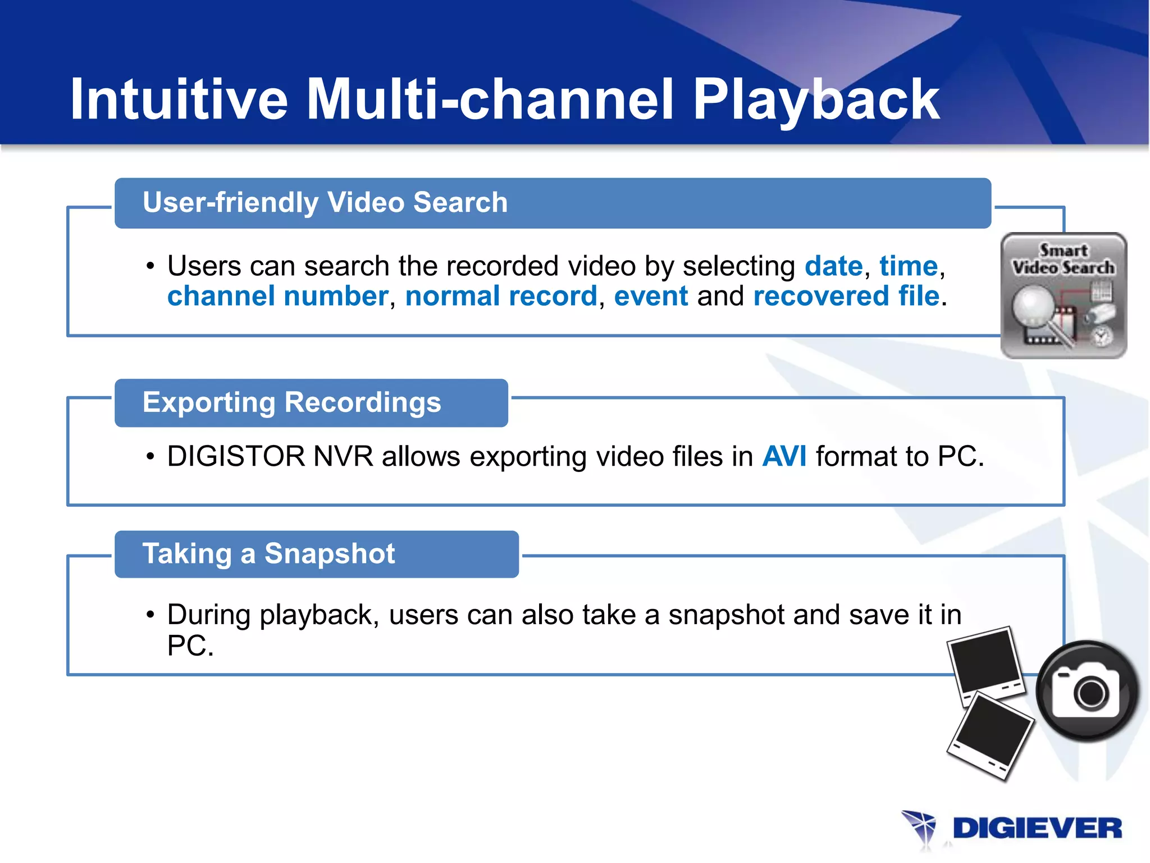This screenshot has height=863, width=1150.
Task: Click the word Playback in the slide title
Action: [x=815, y=100]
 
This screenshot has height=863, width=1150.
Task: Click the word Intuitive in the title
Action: [x=179, y=100]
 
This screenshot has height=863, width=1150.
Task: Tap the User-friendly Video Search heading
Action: [x=325, y=202]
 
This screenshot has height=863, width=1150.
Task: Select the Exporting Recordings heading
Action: [x=291, y=402]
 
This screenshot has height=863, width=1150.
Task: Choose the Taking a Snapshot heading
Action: [x=268, y=553]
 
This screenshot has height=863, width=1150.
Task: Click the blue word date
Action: [x=833, y=266]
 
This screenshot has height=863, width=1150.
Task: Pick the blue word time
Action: [x=908, y=266]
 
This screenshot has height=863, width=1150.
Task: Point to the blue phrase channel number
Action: [x=277, y=296]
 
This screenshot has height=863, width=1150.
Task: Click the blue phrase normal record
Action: [x=501, y=296]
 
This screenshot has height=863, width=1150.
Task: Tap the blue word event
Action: [x=651, y=296]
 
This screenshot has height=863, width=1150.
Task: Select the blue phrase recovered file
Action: [x=846, y=296]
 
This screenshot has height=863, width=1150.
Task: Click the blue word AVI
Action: [x=784, y=456]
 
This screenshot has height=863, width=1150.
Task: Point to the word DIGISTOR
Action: [x=236, y=456]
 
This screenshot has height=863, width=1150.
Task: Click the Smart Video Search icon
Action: [x=1064, y=296]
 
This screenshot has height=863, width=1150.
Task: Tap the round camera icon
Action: [x=1087, y=691]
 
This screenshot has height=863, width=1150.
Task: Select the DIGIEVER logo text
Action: [x=1037, y=829]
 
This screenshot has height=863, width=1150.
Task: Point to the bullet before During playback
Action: [x=150, y=615]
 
